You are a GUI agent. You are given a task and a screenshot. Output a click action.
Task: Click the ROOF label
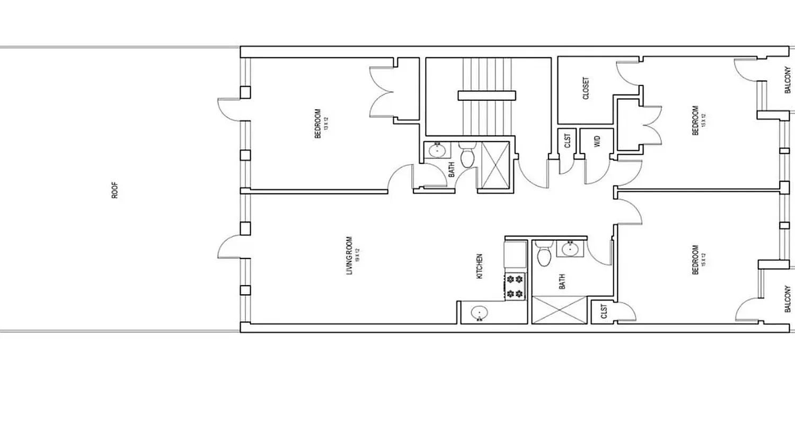115,190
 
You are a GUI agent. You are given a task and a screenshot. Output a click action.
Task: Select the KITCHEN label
480,267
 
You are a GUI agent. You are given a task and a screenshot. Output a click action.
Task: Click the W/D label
596,142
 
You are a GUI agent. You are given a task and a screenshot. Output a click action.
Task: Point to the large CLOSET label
586,89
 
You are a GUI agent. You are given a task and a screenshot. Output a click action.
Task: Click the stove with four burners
515,286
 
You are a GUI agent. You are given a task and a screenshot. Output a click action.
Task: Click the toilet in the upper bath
467,155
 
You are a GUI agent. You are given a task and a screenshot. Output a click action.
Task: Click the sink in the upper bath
437,151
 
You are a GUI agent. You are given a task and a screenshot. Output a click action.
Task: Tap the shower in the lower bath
559,310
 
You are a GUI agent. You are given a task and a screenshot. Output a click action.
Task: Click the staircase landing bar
487,95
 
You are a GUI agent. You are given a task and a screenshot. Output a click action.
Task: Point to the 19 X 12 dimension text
358,256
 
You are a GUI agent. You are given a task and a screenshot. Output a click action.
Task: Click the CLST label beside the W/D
567,142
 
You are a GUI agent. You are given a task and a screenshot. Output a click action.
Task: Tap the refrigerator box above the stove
515,254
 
